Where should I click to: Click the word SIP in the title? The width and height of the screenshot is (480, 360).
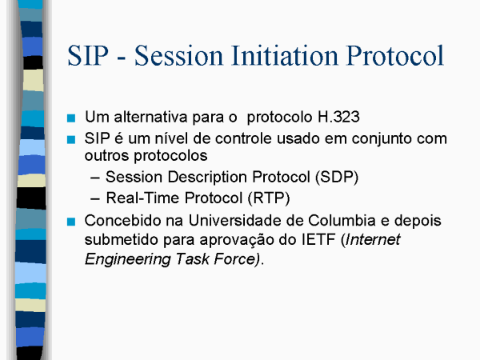coord(88,55)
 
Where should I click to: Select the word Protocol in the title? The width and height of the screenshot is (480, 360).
coord(395,55)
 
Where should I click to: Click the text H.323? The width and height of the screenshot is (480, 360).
coord(338,117)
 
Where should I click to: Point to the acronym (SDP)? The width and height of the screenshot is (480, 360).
coord(337,178)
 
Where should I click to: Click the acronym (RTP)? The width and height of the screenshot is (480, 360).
coord(269,198)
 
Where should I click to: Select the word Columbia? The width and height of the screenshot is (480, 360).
coord(342,221)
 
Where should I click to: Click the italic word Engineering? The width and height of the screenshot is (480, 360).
coord(127,259)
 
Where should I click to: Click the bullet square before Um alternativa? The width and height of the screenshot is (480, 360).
coord(71,118)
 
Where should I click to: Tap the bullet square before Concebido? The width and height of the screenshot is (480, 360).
coord(71,222)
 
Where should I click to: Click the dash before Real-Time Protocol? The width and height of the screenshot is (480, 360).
coord(95,199)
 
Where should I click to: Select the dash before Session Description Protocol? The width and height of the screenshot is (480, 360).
coord(95,178)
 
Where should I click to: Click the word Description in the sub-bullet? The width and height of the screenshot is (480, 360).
coord(207,178)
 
